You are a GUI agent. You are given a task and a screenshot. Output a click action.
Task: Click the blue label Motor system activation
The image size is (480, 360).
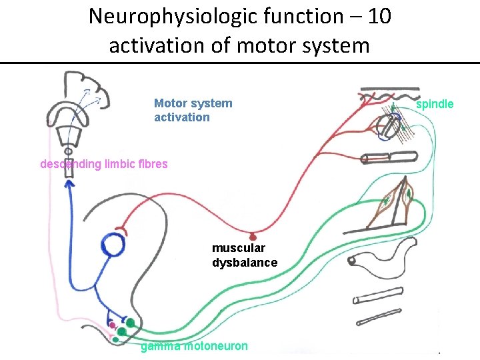click(x=193, y=110)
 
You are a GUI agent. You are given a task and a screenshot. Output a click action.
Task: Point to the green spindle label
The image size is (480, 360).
click(x=435, y=104)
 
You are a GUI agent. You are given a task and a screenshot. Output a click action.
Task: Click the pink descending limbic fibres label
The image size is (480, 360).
click(x=104, y=164)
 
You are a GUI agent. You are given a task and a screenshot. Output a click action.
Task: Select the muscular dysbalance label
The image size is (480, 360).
click(x=245, y=255)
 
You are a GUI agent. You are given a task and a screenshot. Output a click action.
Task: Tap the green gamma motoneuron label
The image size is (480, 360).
click(x=194, y=346)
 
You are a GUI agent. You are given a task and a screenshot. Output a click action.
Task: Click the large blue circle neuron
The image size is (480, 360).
click(x=113, y=245)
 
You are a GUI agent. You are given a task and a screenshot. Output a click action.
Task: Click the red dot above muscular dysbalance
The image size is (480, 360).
click(x=252, y=236)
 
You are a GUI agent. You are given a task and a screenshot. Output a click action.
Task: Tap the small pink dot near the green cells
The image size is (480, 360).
click(x=112, y=326)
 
